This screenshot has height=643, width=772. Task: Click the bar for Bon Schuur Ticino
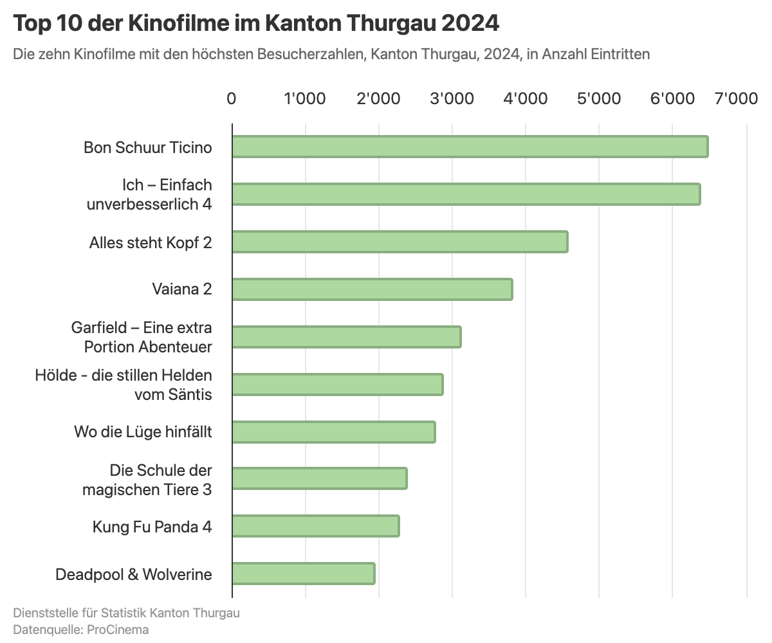pyautogui.click(x=470, y=147)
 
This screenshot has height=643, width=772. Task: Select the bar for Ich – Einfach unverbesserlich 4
pyautogui.click(x=466, y=194)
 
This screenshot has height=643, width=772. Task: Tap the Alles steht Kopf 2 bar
pyautogui.click(x=400, y=242)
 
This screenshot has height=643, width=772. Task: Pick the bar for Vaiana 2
pyautogui.click(x=372, y=289)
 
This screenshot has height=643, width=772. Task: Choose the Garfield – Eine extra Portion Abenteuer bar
pyautogui.click(x=346, y=337)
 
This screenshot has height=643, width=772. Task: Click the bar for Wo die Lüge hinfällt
pyautogui.click(x=333, y=431)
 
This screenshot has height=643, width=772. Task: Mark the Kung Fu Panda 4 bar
pyautogui.click(x=315, y=526)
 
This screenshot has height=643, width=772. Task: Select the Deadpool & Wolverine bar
pyautogui.click(x=303, y=573)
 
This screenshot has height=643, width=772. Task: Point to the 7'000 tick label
pyautogui.click(x=737, y=99)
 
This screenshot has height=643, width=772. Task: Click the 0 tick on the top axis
pyautogui.click(x=232, y=99)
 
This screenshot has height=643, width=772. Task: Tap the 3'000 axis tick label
pyautogui.click(x=452, y=99)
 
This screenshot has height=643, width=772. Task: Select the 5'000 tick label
pyautogui.click(x=599, y=99)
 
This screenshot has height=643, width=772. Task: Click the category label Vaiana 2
pyautogui.click(x=182, y=289)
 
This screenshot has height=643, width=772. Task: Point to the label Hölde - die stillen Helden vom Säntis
pyautogui.click(x=124, y=385)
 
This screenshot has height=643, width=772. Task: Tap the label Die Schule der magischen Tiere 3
pyautogui.click(x=147, y=480)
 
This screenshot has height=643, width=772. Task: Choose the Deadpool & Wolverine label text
pyautogui.click(x=134, y=574)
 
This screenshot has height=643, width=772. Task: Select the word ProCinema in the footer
pyautogui.click(x=118, y=629)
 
